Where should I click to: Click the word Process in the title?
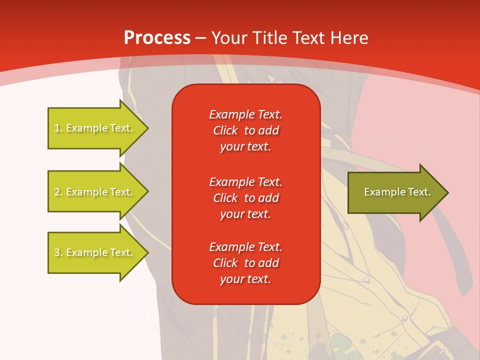point(157,38)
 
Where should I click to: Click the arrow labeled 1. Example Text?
point(95,128)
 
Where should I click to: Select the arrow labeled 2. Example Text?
point(95,192)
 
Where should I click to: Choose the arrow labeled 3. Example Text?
point(95,252)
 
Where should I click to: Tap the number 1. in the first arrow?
point(58,128)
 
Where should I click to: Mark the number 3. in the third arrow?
point(58,252)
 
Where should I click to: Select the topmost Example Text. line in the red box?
point(245,114)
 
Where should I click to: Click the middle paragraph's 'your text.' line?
point(245,214)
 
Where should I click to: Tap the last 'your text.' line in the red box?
point(245,279)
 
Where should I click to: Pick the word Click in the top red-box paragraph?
point(225,130)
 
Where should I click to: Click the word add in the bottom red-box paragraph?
point(269,263)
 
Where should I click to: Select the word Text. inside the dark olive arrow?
point(418,192)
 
